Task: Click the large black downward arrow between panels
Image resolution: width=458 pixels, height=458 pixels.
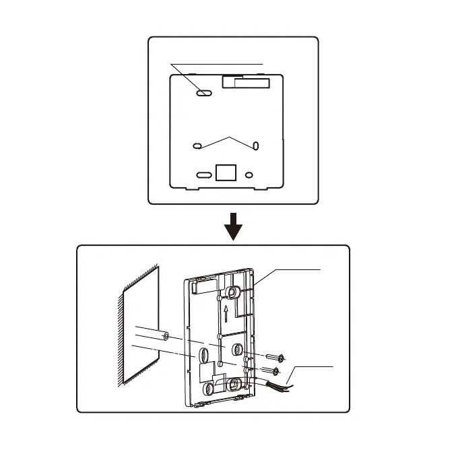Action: coord(233,227)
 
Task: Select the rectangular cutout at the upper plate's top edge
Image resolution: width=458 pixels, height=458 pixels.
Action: coord(245,82)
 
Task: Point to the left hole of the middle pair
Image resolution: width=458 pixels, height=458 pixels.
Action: coord(197,145)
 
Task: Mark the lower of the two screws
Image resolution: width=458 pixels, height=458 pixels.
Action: coord(273,370)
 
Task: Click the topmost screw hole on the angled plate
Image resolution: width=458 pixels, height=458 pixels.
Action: coord(233,291)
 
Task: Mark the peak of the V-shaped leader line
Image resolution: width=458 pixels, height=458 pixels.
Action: coord(230,137)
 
